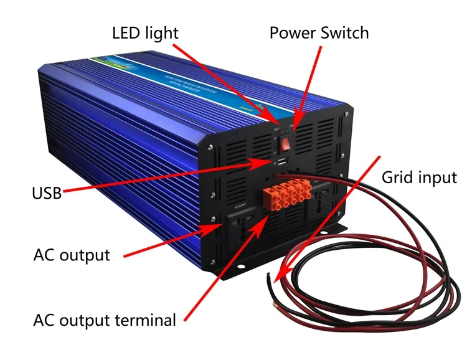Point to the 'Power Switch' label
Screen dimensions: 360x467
319,32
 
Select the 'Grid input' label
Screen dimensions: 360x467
419,178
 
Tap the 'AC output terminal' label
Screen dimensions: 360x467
105,321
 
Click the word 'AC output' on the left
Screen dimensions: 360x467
71,255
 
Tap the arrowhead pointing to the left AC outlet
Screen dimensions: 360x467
218,228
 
